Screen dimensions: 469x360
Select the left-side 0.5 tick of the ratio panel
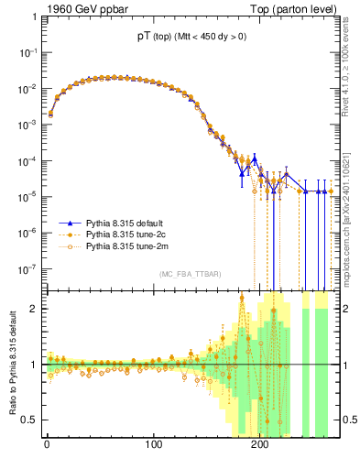coord(30,420)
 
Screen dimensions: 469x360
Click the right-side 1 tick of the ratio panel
coord(347,365)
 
